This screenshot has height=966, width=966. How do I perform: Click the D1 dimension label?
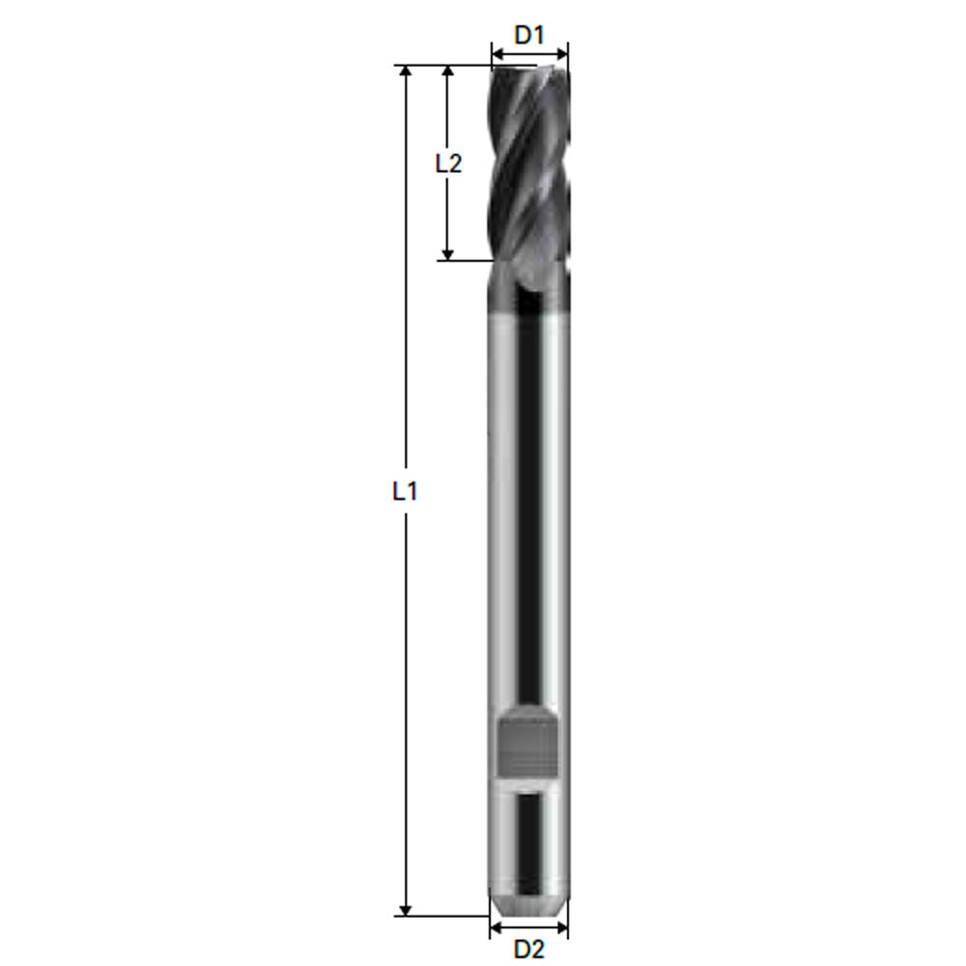529,36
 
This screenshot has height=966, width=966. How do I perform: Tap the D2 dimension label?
529,949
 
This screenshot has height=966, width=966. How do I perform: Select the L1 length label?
405,491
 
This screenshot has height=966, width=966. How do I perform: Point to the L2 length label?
447,163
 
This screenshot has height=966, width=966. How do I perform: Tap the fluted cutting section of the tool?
528,164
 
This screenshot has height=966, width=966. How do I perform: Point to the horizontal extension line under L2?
464,260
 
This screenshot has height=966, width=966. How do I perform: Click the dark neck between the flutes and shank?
528,290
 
